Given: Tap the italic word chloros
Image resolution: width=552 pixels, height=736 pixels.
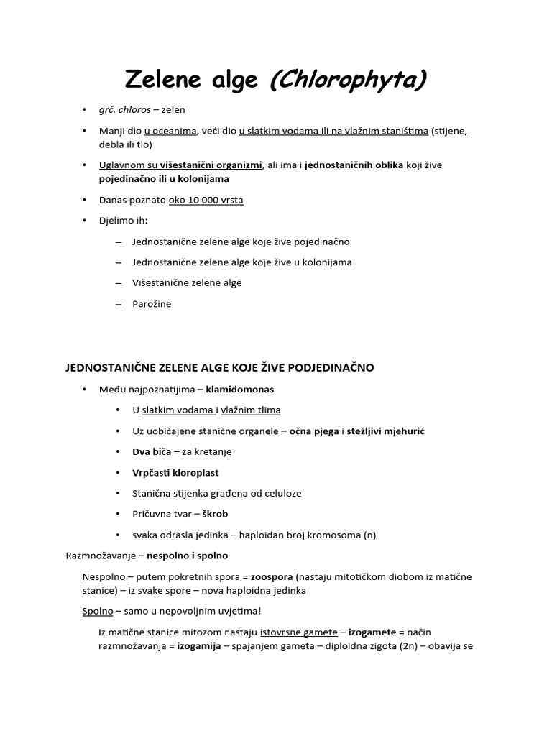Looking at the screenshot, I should pos(135,110).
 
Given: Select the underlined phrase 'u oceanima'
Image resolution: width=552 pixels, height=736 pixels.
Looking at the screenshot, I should pos(168,131).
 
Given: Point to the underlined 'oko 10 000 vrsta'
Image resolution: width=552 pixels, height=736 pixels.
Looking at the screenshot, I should pos(206,200).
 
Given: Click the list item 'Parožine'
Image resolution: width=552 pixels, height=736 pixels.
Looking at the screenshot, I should pos(152,304).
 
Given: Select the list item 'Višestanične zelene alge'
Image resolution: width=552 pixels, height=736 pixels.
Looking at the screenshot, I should pos(187,283).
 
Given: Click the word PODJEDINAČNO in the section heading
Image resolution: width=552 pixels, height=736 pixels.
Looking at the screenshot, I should pos(332,368).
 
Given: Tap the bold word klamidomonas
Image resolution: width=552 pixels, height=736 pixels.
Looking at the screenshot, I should pos(239,390).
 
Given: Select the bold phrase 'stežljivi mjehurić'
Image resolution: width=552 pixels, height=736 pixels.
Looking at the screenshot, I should pos(386,431).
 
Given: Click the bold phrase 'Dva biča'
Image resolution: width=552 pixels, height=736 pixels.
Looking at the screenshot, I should pos(152,452).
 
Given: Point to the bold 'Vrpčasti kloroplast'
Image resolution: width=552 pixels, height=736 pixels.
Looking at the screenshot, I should pos(175,473).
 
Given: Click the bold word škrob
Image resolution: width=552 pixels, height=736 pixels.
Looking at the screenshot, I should pos(215,515).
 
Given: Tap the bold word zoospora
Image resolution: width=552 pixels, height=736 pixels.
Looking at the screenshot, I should pos(272,577).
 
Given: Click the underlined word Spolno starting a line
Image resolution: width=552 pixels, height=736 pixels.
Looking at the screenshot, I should pos(98,611).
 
